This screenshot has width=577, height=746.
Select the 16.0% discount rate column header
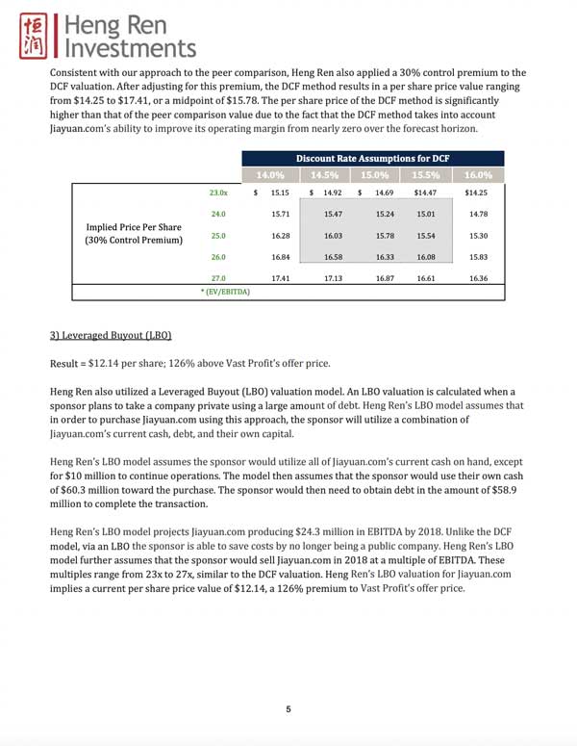[x=477, y=175]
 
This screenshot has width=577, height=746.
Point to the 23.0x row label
[x=218, y=193]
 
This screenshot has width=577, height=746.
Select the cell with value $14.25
[x=477, y=193]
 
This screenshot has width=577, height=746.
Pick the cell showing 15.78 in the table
[x=384, y=235]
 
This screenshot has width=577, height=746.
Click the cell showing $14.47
[x=425, y=193]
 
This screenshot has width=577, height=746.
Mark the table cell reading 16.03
[x=334, y=235]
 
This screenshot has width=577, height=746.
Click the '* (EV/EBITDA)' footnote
[x=218, y=292]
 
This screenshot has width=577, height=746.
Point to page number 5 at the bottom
[x=288, y=709]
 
